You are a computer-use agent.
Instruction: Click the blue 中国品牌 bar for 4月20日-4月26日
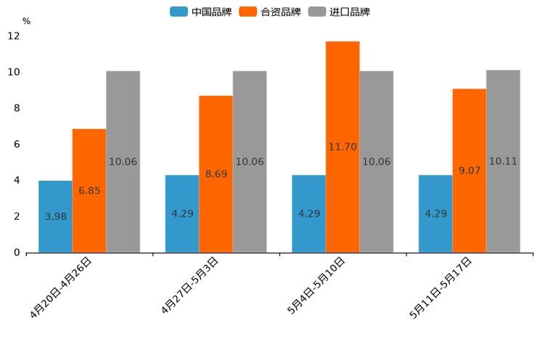pyautogui.click(x=55, y=216)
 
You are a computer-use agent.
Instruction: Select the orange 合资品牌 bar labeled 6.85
pyautogui.click(x=89, y=190)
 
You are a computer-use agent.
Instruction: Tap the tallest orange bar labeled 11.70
pyautogui.click(x=343, y=147)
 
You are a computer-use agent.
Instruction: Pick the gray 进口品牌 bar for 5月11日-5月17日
pyautogui.click(x=503, y=161)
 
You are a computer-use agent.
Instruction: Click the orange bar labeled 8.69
pyautogui.click(x=216, y=174)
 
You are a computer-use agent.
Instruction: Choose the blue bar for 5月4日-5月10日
pyautogui.click(x=308, y=213)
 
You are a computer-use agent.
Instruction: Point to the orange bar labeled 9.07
pyautogui.click(x=469, y=171)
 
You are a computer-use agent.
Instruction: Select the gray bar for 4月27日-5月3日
pyautogui.click(x=250, y=161)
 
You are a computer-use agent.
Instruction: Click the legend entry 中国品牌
pyautogui.click(x=201, y=12)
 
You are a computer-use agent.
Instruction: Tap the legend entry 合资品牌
pyautogui.click(x=271, y=12)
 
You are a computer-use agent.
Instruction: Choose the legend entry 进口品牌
pyautogui.click(x=340, y=12)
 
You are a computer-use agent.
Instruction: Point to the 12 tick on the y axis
pyautogui.click(x=14, y=36)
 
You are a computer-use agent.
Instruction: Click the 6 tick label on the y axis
pyautogui.click(x=16, y=144)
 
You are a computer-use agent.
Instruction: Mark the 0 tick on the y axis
pyautogui.click(x=16, y=253)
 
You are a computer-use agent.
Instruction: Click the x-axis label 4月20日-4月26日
pyautogui.click(x=62, y=287)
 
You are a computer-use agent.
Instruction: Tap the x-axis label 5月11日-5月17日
pyautogui.click(x=441, y=287)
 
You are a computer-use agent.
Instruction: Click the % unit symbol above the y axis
pyautogui.click(x=26, y=21)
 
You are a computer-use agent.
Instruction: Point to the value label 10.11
pyautogui.click(x=503, y=161)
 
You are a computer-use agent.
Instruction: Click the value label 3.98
pyautogui.click(x=56, y=216)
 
